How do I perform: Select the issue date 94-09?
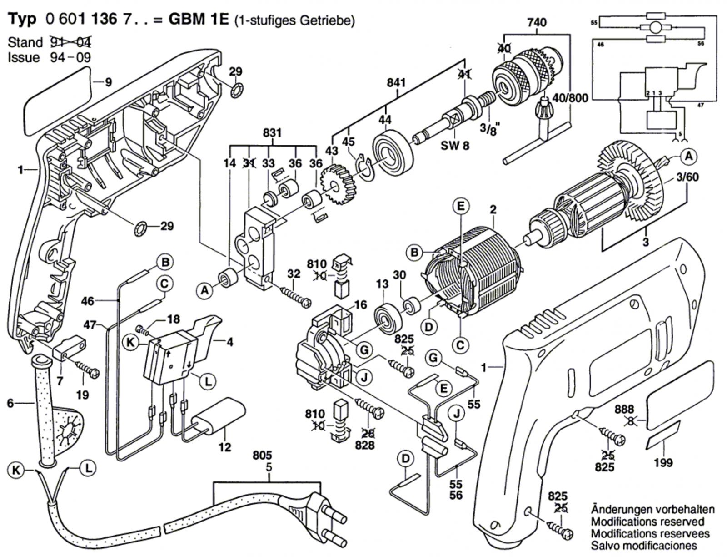pyautogui.click(x=72, y=58)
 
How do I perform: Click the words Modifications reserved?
pyautogui.click(x=647, y=521)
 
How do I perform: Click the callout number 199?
pyautogui.click(x=663, y=462)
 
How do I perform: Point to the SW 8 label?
pyautogui.click(x=456, y=146)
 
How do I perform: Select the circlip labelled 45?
pyautogui.click(x=363, y=164)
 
